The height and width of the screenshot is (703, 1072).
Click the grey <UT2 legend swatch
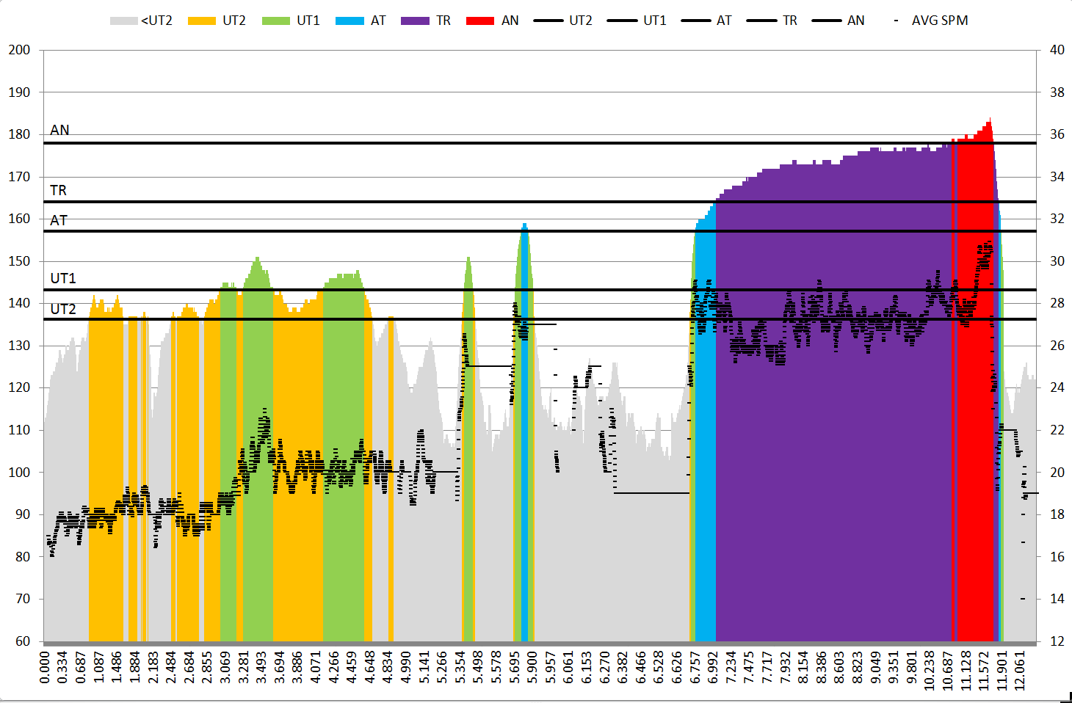(x=123, y=21)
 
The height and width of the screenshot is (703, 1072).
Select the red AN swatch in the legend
(x=479, y=21)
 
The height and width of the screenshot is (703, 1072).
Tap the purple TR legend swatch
(x=415, y=21)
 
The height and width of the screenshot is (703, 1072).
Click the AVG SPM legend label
(x=939, y=21)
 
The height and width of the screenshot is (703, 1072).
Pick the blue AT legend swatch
(x=350, y=21)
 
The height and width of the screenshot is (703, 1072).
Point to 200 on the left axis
(x=19, y=50)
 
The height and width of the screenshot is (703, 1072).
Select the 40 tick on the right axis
(x=1057, y=50)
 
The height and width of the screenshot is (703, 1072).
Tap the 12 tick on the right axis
(x=1057, y=641)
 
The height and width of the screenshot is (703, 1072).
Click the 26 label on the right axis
(x=1057, y=346)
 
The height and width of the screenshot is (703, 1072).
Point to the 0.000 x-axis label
(x=45, y=667)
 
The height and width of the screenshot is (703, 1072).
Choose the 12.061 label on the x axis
(x=1019, y=667)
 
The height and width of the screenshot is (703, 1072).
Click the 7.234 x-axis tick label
(x=731, y=667)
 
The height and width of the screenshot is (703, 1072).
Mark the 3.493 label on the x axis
(x=261, y=667)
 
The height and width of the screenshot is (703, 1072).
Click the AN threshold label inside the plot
(x=59, y=130)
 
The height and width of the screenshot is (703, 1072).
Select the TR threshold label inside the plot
(x=58, y=191)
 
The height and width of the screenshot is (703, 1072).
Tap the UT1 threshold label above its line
(x=63, y=278)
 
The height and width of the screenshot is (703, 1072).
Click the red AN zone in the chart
(x=975, y=367)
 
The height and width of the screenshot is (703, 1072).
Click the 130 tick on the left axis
(x=19, y=346)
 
